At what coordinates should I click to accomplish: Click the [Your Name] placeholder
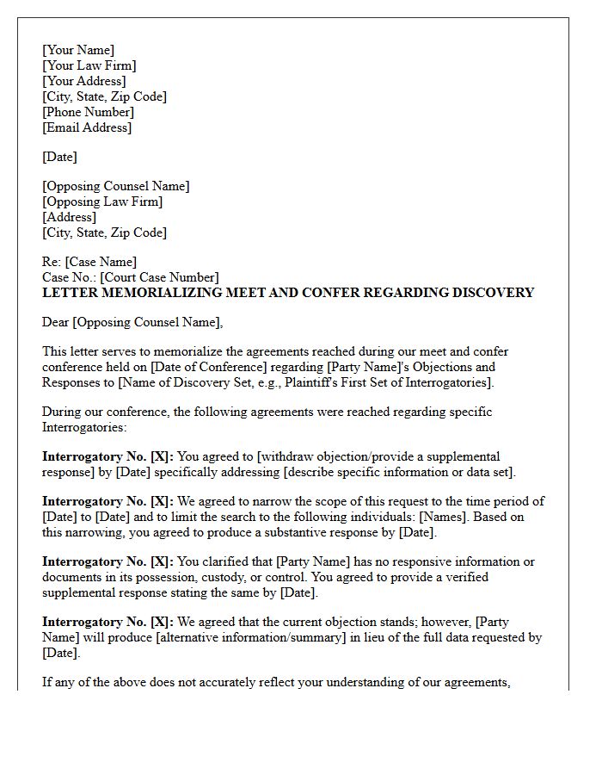tap(78, 50)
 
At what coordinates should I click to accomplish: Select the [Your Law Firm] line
tap(89, 65)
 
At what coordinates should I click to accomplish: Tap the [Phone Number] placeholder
tap(89, 112)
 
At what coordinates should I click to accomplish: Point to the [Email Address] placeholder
tap(87, 127)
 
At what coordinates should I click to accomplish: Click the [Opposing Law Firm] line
tap(102, 201)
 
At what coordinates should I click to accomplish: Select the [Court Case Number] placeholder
tap(159, 277)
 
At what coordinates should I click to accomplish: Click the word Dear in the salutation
tap(56, 322)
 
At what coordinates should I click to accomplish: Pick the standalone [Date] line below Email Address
tap(59, 157)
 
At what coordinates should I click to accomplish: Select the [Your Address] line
tap(84, 81)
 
